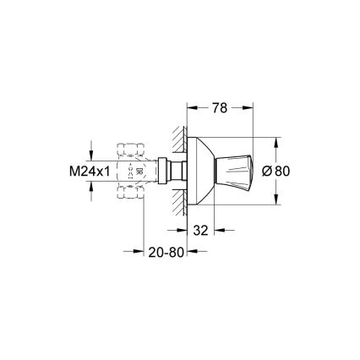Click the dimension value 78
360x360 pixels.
(218, 108)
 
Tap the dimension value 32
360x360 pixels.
(200, 228)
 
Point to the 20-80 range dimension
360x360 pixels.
(166, 252)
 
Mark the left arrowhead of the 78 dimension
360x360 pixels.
(191, 108)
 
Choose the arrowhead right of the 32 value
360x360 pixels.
(218, 228)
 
